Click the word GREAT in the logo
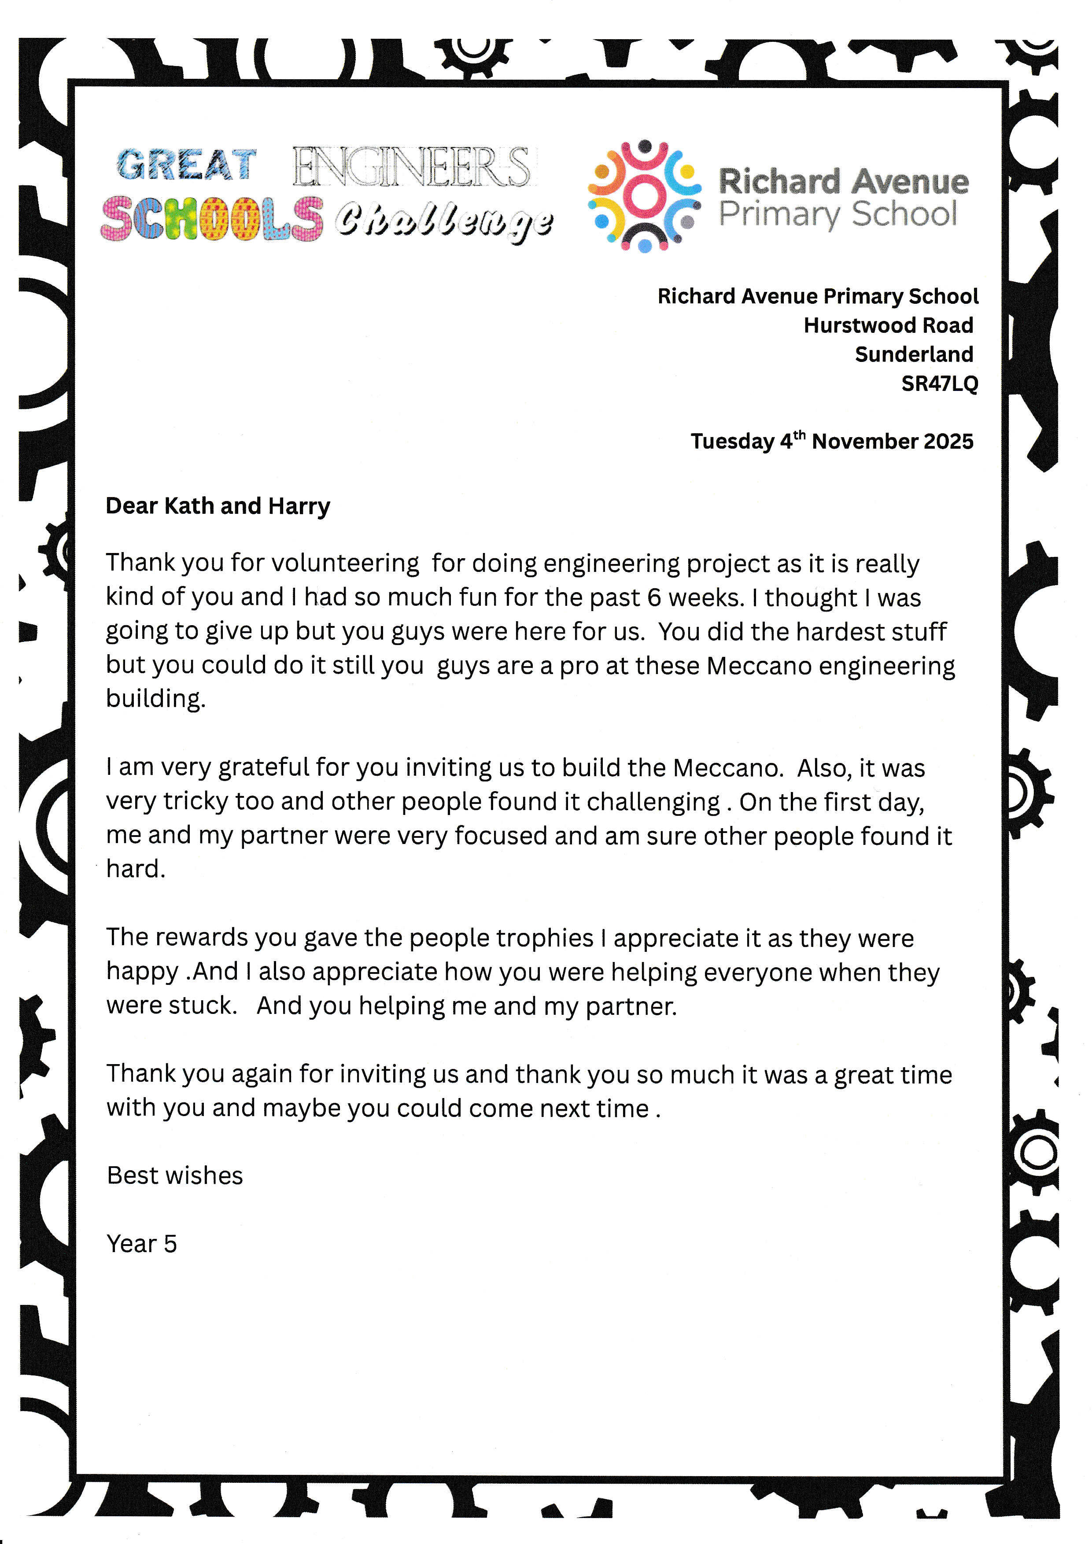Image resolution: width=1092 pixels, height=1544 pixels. tap(186, 165)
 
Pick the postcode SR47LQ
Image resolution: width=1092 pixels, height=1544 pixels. tap(939, 383)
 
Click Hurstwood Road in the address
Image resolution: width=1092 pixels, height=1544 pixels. tap(888, 325)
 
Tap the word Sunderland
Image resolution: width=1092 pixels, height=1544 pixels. tap(914, 354)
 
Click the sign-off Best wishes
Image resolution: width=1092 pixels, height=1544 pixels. tap(175, 1176)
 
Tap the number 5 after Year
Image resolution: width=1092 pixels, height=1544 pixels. tap(170, 1244)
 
